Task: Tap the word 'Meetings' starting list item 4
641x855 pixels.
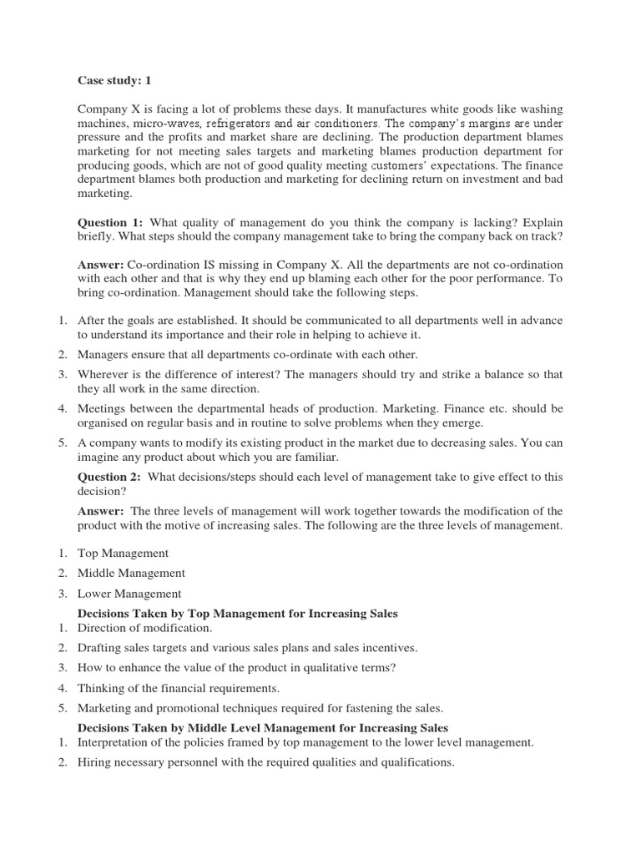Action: point(102,408)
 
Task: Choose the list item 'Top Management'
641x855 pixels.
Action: point(123,553)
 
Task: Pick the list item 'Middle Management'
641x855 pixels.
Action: point(131,573)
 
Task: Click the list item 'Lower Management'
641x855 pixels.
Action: point(129,594)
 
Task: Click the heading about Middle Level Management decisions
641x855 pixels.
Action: point(262,728)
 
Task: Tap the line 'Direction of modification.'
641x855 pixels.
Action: point(145,627)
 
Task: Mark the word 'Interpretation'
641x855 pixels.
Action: point(114,741)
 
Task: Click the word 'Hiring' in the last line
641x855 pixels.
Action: point(93,762)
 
